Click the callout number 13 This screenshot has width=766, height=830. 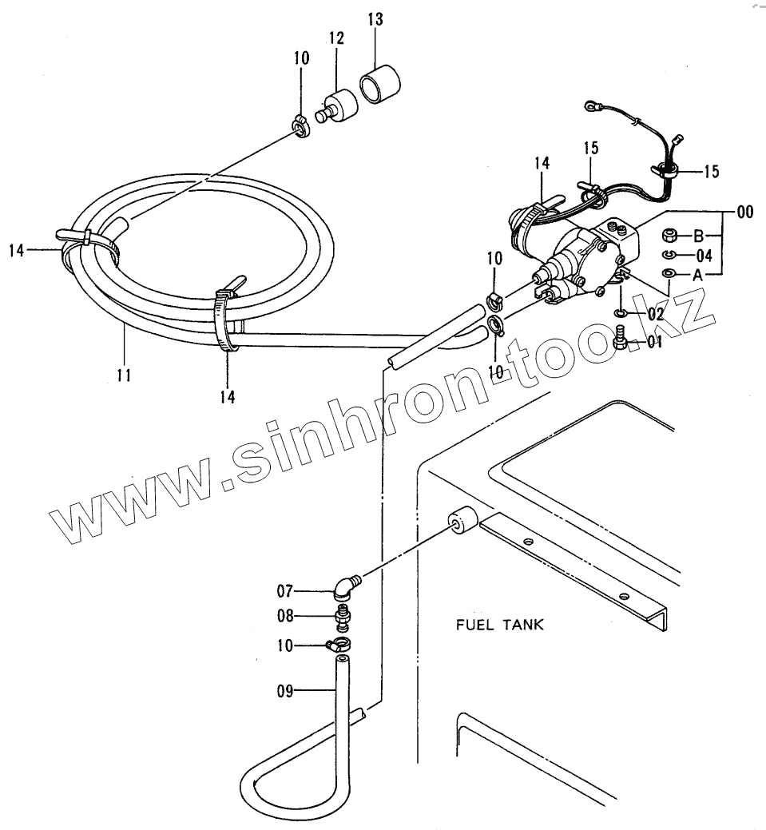pyautogui.click(x=375, y=20)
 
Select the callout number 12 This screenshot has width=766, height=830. pyautogui.click(x=335, y=38)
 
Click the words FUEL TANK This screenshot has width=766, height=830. pyautogui.click(x=500, y=625)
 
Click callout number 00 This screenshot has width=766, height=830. pyautogui.click(x=744, y=212)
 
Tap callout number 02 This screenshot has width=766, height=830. pyautogui.click(x=656, y=315)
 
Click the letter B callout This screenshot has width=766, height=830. pyautogui.click(x=697, y=236)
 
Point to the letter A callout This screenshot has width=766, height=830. pyautogui.click(x=697, y=274)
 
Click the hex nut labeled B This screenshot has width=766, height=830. pyautogui.click(x=671, y=236)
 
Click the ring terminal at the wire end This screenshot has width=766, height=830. pyautogui.click(x=591, y=103)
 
